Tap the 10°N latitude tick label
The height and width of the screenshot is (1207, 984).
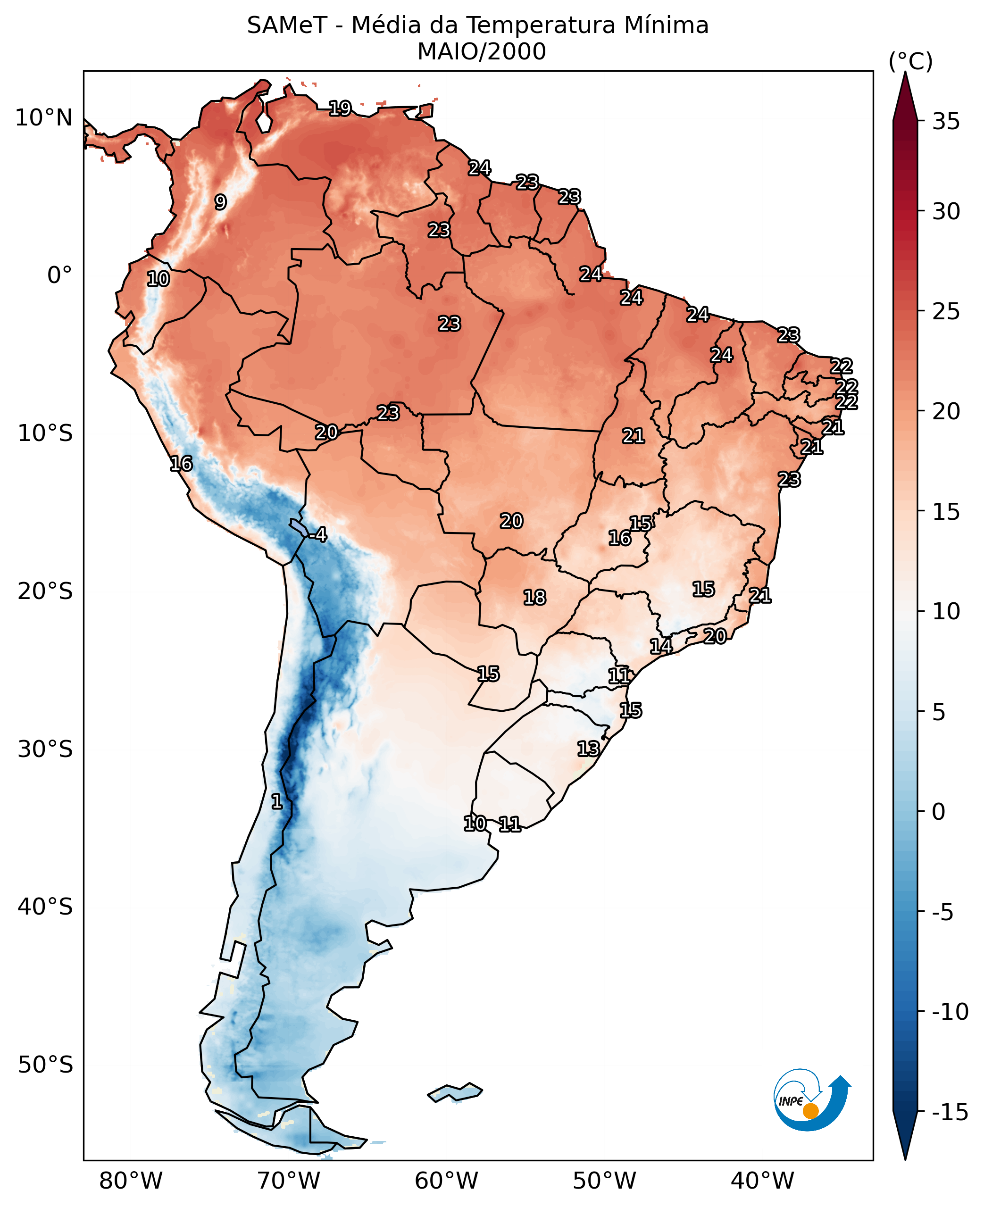[44, 118]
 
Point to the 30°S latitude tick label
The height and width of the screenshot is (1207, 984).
[45, 749]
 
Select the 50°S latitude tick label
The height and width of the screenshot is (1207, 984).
[45, 1065]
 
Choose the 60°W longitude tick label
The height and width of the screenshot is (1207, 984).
[446, 1181]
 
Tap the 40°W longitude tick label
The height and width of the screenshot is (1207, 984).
[762, 1181]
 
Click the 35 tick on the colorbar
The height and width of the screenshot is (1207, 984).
[946, 121]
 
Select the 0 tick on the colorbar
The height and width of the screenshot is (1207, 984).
[938, 811]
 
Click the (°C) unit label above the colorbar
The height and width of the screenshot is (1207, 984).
[910, 61]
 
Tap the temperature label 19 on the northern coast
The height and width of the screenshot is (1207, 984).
[340, 108]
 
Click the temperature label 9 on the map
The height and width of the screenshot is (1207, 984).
[220, 202]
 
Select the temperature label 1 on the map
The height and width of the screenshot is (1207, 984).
[276, 801]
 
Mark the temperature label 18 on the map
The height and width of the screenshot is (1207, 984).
[534, 597]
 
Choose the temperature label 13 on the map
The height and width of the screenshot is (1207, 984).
[588, 749]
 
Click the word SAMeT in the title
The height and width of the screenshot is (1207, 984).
[287, 25]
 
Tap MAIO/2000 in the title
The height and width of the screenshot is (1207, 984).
[481, 51]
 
